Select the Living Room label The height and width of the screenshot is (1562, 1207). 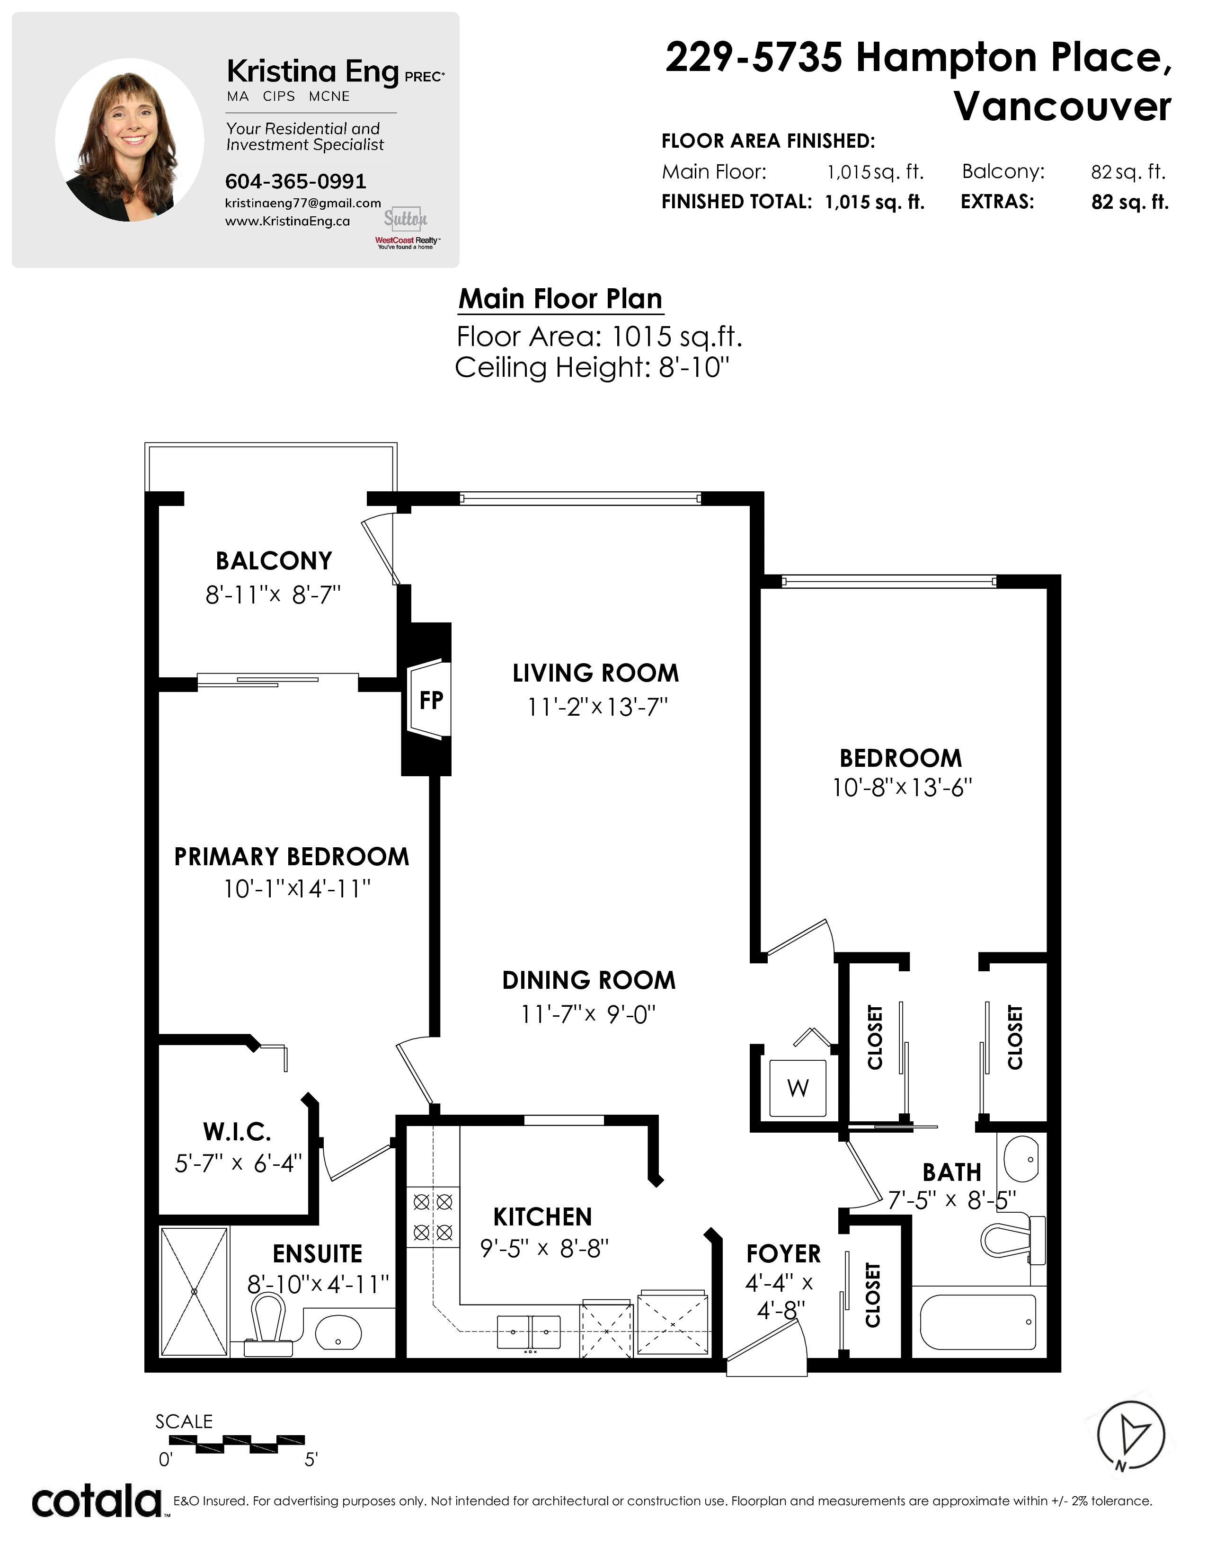[595, 673]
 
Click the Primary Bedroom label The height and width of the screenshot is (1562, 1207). [292, 856]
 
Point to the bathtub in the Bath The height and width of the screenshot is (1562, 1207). [977, 1322]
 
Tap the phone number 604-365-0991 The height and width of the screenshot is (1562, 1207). [295, 182]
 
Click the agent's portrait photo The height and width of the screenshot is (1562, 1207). [129, 140]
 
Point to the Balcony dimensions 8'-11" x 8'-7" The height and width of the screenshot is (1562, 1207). [273, 595]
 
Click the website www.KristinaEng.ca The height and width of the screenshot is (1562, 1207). [287, 221]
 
